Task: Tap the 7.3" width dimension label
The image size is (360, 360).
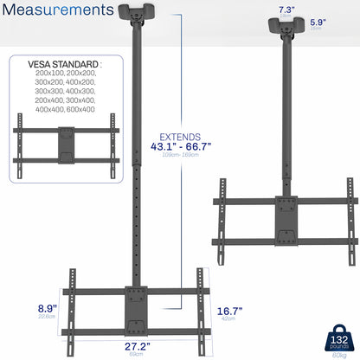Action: coord(286,11)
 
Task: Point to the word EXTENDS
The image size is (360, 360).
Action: coord(180,137)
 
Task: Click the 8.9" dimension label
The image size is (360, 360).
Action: coord(23,307)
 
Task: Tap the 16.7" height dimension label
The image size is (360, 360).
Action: coord(229,311)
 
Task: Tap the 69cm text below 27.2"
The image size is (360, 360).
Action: coord(137,355)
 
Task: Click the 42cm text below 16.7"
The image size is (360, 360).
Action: coord(227,319)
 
